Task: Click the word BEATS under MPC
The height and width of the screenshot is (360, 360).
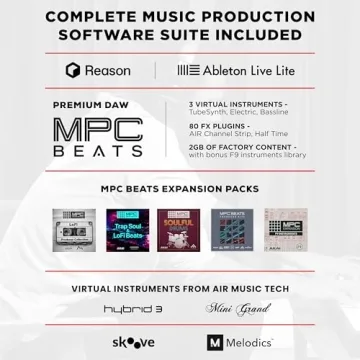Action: point(98,152)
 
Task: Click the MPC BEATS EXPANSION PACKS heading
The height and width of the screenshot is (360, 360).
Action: point(180,189)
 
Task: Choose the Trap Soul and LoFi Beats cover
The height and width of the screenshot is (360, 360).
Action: point(126,228)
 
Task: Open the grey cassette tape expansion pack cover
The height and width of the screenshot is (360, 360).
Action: point(74,229)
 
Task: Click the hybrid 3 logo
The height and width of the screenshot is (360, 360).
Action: point(123,308)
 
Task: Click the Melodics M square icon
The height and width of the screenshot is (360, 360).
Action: point(214,342)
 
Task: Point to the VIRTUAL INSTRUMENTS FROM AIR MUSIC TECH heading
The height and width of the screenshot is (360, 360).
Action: point(180,288)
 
